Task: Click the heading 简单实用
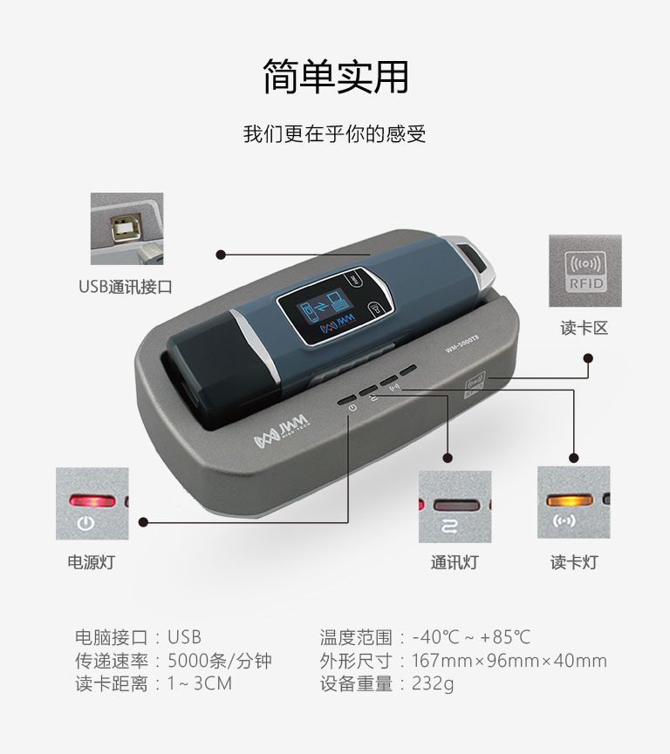(x=336, y=77)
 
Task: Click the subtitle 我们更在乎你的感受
(x=334, y=133)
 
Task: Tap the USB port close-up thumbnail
(x=127, y=229)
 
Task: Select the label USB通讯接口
(x=125, y=287)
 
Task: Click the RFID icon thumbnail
(x=585, y=271)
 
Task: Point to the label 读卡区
(x=585, y=328)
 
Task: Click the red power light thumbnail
(x=92, y=504)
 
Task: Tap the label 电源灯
(x=92, y=561)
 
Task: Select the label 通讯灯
(x=455, y=561)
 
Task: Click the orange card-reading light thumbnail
(x=574, y=502)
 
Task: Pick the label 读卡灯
(x=574, y=561)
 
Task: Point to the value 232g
(x=433, y=683)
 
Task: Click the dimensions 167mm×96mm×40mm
(x=509, y=661)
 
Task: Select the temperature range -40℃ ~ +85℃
(x=471, y=637)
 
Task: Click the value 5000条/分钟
(x=220, y=661)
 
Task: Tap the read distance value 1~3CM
(x=200, y=683)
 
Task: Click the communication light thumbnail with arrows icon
(x=455, y=506)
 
